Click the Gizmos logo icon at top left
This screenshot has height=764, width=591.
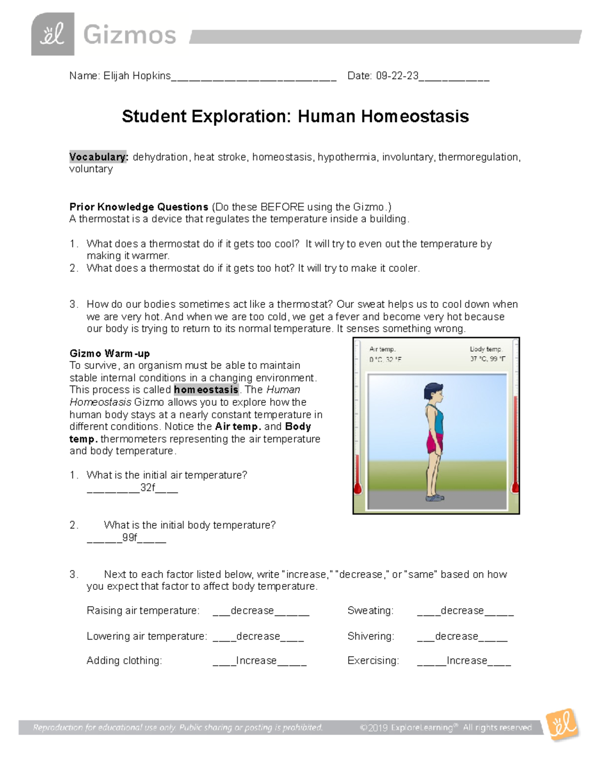tap(53, 34)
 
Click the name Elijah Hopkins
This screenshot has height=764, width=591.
tap(137, 76)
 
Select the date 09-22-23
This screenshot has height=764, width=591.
tap(397, 76)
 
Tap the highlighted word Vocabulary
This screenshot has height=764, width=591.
tap(98, 157)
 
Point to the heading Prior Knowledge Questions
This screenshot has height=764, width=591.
tap(139, 207)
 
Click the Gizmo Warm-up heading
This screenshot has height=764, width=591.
tap(109, 353)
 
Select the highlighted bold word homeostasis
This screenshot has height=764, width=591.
tap(206, 390)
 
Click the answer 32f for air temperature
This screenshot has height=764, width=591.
tap(147, 488)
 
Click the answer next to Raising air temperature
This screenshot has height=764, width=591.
tap(252, 611)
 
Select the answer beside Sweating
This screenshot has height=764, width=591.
tap(462, 611)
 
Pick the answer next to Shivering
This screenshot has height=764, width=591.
tap(457, 636)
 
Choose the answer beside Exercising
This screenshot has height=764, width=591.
tap(466, 661)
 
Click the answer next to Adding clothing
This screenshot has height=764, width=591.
tap(256, 661)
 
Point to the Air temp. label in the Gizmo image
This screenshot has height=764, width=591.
tap(382, 349)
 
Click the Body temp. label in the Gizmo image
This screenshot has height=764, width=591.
tap(485, 349)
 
